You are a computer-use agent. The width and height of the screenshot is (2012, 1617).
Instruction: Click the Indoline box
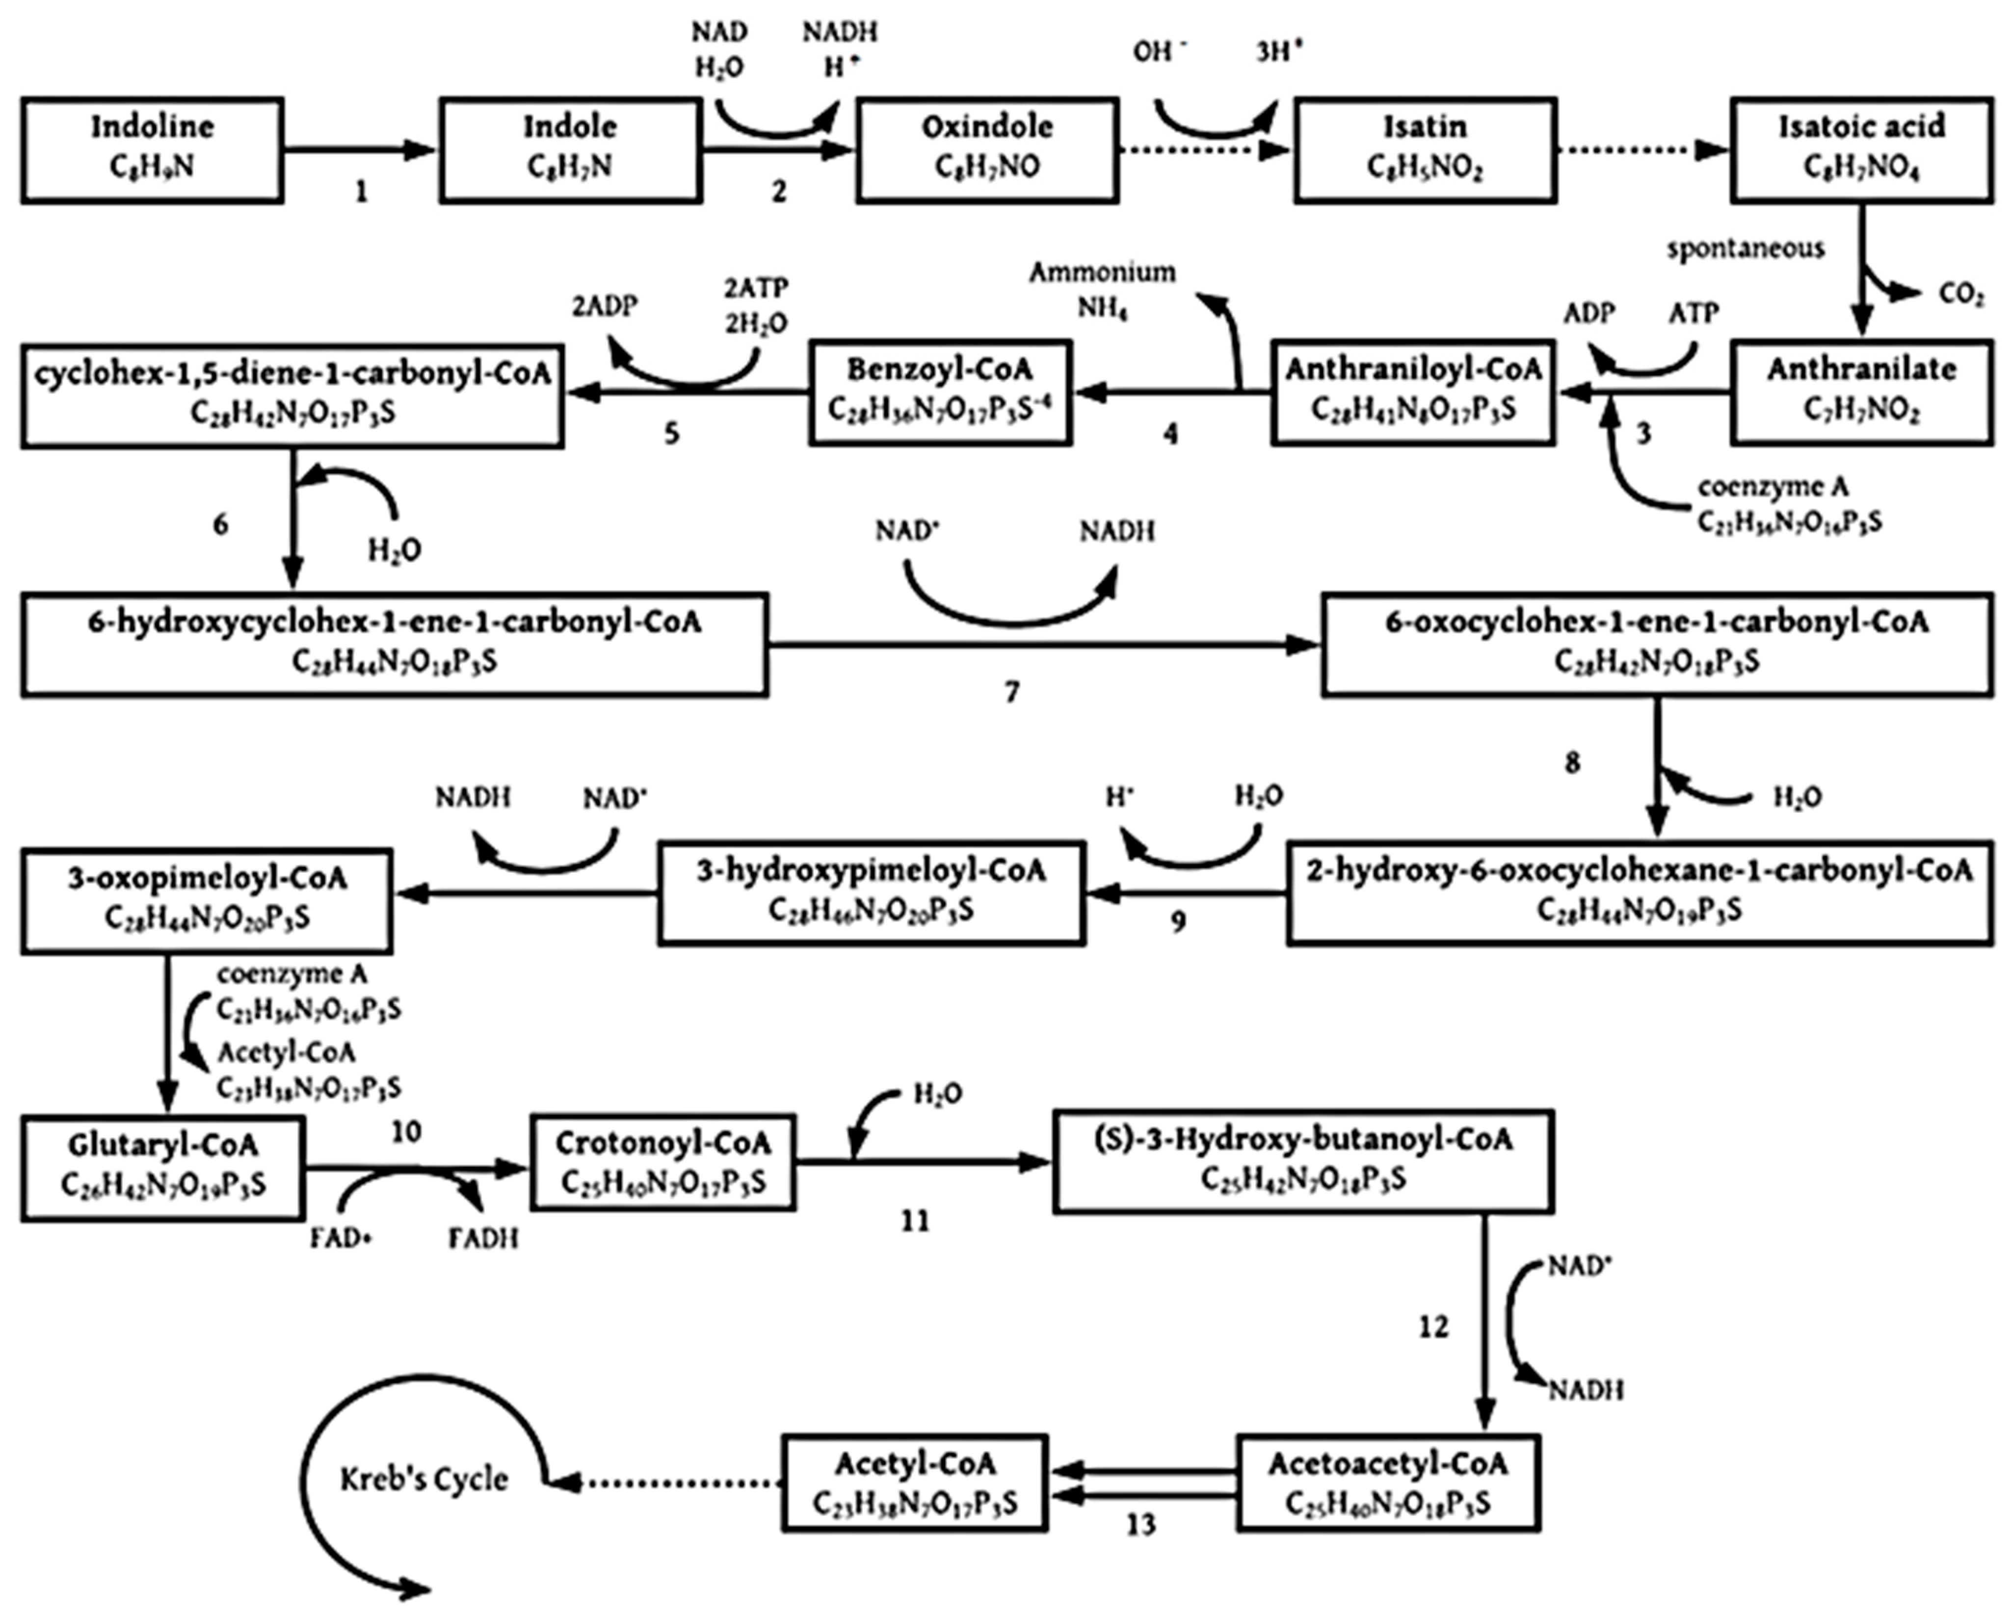pos(152,149)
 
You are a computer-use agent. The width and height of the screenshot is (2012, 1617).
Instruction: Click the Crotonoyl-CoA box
pos(662,1162)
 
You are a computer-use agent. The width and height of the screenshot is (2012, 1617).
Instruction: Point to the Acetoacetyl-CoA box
pos(1388,1482)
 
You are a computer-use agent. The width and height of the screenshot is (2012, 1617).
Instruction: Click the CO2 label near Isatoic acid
pos(1960,295)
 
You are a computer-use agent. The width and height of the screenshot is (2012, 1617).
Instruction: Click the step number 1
pos(361,192)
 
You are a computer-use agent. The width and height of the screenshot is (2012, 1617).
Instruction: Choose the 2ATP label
pos(756,288)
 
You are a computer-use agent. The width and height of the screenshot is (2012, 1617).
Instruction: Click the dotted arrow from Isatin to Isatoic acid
pos(1642,149)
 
